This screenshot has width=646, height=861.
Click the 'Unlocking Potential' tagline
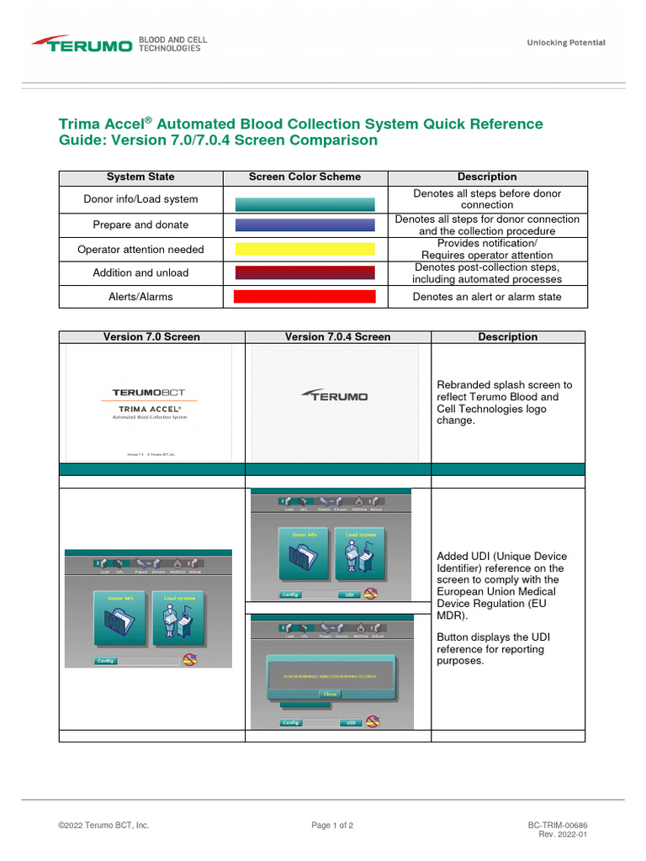coord(565,43)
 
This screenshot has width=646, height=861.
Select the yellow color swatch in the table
coord(304,249)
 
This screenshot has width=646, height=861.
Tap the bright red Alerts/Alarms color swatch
coord(304,297)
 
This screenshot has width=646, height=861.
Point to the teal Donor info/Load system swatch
coord(304,203)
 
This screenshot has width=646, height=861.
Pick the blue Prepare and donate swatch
coord(304,224)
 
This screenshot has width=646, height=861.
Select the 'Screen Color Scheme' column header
coord(304,177)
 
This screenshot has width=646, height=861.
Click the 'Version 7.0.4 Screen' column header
coord(337,336)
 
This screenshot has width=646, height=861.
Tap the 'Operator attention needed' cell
coord(140,249)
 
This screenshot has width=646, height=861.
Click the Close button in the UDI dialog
coord(330,694)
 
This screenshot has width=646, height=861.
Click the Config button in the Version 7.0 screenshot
coord(105,661)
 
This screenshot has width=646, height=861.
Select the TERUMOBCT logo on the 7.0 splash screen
coord(149,392)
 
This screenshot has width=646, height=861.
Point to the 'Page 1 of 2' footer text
coord(332,826)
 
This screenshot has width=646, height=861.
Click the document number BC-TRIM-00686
coord(557,826)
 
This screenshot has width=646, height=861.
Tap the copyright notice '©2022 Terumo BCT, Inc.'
coord(103,826)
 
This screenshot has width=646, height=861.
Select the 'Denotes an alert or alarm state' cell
coord(487,297)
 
